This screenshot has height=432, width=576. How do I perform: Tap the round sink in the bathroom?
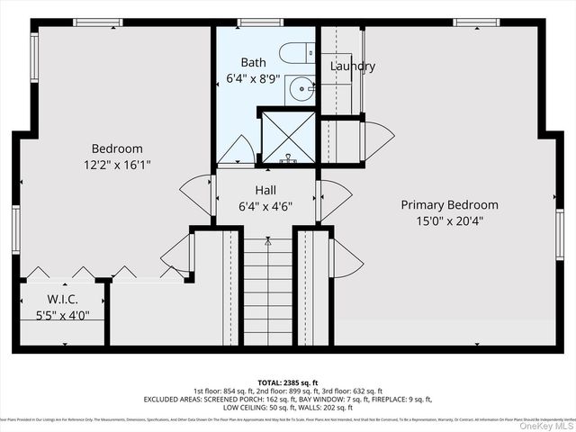301,90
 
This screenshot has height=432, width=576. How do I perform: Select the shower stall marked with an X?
288,138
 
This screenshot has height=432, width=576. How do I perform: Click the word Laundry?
352,67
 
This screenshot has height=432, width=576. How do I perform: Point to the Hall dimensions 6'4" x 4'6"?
265,207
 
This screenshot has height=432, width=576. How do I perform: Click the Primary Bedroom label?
449,205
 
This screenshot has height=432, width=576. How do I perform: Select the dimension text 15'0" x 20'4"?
449,221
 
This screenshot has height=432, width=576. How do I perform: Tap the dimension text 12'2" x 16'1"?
116,166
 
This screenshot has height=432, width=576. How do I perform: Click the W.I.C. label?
63,299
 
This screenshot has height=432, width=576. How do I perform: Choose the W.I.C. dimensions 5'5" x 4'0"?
63,315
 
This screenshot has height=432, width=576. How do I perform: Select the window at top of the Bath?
261,22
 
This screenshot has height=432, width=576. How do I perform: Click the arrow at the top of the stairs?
267,242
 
